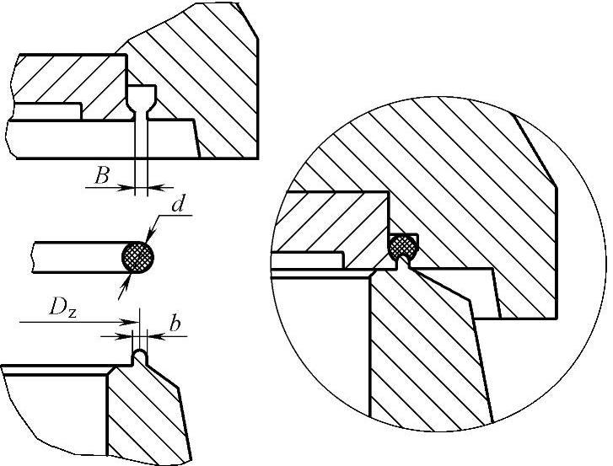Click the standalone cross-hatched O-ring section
(138, 255)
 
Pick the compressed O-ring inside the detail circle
(404, 245)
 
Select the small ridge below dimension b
(141, 357)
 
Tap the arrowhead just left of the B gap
(130, 188)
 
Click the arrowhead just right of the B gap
(152, 188)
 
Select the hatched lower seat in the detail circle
(422, 354)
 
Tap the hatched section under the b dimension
(143, 413)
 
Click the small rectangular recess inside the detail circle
(312, 260)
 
